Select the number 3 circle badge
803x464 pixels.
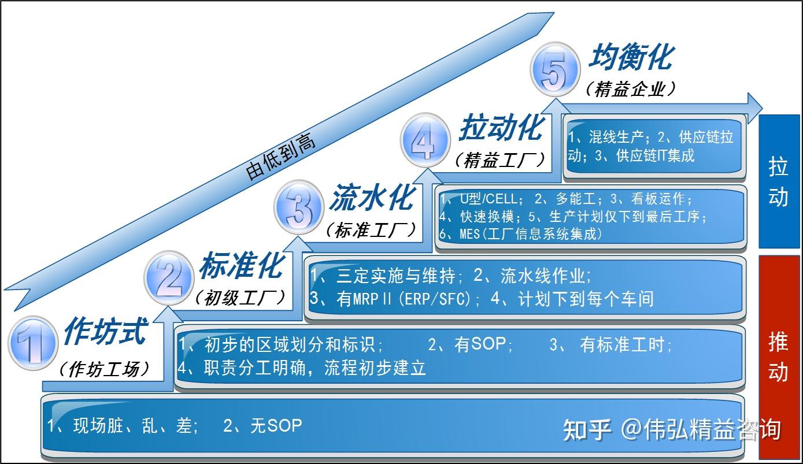(298, 207)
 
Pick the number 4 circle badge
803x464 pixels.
(425, 138)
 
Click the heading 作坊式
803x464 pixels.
(105, 332)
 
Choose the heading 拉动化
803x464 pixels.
(501, 128)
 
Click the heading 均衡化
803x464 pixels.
(631, 58)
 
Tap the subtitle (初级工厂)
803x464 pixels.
(240, 298)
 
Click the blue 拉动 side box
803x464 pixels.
(779, 181)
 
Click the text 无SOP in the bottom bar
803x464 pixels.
(276, 426)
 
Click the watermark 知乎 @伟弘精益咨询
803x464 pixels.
(671, 430)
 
